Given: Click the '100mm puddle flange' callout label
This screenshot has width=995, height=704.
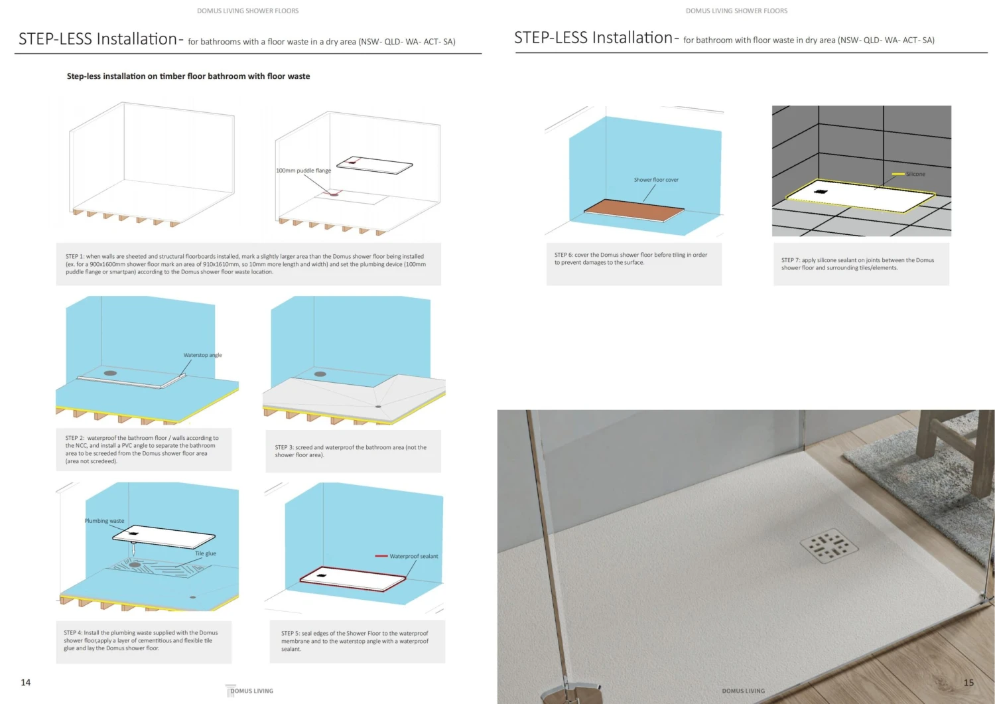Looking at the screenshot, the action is [303, 171].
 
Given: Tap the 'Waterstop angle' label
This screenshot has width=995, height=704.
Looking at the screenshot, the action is [202, 355].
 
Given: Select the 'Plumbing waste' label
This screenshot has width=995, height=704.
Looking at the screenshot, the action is [104, 521].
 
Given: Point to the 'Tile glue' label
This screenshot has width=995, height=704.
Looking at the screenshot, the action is [206, 553].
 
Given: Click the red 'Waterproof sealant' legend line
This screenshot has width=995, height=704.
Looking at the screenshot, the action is [381, 556].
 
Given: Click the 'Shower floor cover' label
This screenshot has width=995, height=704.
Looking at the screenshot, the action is [656, 180].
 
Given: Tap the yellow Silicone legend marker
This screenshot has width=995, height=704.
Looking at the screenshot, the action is [898, 175].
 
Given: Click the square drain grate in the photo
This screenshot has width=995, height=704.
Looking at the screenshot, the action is [829, 545].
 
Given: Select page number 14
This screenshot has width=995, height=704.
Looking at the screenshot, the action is [26, 682].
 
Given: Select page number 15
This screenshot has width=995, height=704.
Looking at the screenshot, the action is [968, 683].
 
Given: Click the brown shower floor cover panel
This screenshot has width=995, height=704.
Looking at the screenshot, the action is [634, 210].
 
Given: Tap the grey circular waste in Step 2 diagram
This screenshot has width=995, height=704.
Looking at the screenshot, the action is [110, 374].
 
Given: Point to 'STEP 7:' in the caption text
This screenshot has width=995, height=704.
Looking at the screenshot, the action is [791, 261].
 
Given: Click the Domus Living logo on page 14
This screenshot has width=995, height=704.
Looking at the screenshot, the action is [249, 690].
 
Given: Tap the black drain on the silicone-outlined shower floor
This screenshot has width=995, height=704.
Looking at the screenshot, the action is [821, 192].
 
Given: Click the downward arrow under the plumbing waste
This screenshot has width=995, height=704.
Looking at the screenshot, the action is [133, 549].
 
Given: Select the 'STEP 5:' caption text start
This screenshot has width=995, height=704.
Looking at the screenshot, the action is [291, 633].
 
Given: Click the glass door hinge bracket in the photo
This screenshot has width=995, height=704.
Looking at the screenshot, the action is [571, 694].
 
